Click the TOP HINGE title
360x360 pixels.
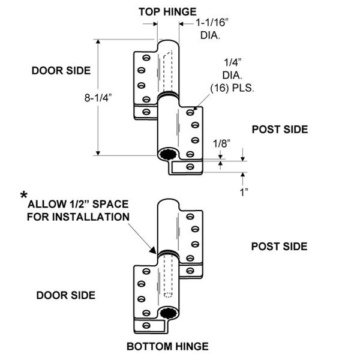tap(169, 11)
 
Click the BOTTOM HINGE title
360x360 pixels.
tap(167, 346)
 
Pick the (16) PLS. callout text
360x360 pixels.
tap(232, 88)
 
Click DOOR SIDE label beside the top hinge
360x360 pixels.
tap(61, 70)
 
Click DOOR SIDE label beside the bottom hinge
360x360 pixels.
tap(66, 295)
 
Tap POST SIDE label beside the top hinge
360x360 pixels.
tap(279, 129)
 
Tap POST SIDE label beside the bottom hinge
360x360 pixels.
tap(279, 246)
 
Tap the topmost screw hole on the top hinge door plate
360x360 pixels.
tap(144, 58)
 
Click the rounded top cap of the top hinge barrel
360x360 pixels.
tap(169, 45)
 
